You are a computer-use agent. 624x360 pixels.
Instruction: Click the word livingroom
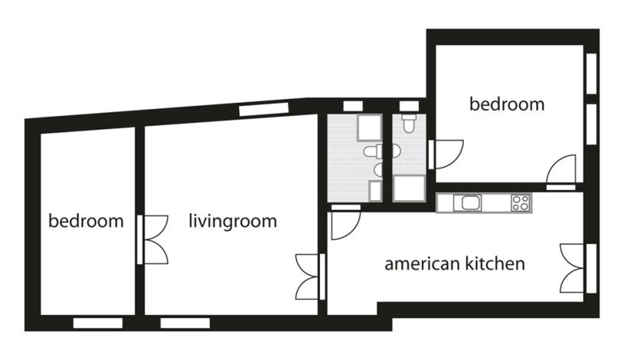(233, 222)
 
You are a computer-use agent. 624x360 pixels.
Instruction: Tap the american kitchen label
(455, 264)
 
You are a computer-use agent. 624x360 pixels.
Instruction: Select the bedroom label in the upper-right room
(507, 104)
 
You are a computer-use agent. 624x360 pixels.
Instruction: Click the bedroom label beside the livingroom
(86, 221)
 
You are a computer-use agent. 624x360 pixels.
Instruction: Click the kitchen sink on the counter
(467, 203)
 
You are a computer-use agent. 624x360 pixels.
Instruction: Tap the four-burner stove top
(521, 202)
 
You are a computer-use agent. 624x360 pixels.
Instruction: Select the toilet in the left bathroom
(373, 152)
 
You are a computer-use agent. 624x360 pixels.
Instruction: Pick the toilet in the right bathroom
(407, 123)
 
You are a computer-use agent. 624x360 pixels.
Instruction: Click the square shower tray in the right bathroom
(409, 188)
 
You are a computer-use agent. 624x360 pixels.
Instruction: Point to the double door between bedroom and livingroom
(152, 239)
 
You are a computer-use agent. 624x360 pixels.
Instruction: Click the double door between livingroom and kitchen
(310, 277)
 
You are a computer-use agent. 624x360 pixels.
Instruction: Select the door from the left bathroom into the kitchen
(345, 222)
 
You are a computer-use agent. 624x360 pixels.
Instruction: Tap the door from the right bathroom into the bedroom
(446, 154)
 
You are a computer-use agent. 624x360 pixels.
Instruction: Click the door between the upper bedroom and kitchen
(561, 172)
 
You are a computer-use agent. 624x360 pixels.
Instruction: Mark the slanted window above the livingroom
(264, 110)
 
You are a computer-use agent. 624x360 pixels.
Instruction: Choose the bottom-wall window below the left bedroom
(98, 323)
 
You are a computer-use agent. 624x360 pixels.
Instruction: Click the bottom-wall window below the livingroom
(185, 323)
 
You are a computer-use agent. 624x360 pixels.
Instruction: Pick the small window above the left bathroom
(353, 106)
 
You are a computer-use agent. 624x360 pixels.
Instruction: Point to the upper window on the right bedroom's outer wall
(592, 74)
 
